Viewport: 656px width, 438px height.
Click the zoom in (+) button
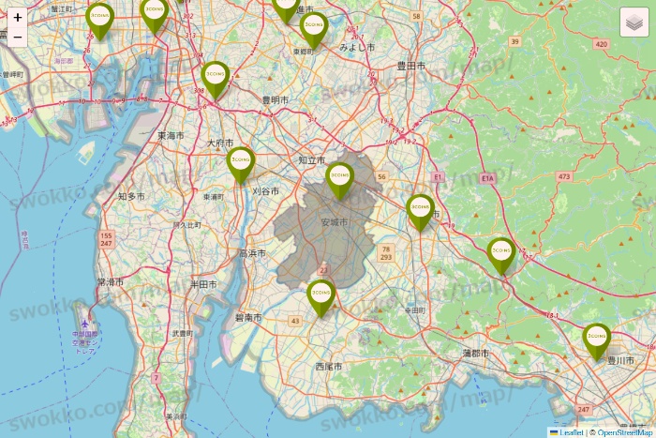[x=18, y=17]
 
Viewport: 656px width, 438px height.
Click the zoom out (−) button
[x=18, y=38]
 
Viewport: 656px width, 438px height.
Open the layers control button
[x=634, y=22]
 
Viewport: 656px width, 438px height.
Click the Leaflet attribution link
[x=571, y=432]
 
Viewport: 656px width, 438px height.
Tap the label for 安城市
[x=334, y=222]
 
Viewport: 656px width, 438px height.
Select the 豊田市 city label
[x=410, y=66]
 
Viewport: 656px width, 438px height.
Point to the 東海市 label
[x=171, y=135]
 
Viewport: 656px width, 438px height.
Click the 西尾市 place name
[x=330, y=366]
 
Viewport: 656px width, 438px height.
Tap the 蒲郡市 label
[x=476, y=353]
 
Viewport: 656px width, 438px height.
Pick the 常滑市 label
[x=111, y=281]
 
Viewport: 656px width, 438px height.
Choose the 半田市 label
[x=203, y=283]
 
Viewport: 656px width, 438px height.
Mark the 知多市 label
[x=131, y=196]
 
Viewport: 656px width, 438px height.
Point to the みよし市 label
[x=357, y=46]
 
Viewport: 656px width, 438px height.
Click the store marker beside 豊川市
[x=597, y=339]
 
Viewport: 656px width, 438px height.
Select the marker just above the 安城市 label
[x=339, y=178]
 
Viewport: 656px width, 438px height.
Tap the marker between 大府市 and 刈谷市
[x=241, y=163]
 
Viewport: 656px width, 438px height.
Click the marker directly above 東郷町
[x=313, y=28]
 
